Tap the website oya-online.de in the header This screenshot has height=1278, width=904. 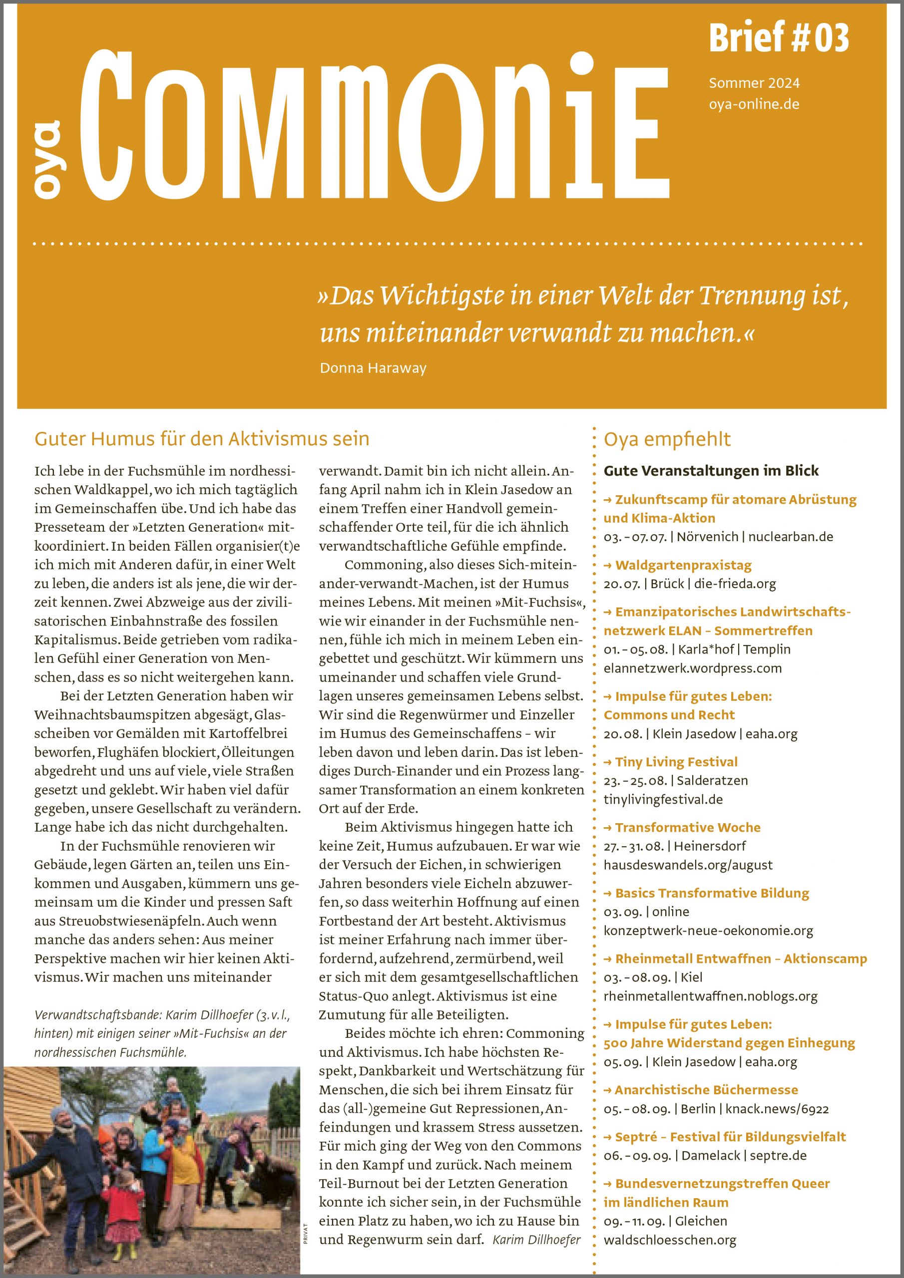[x=754, y=105]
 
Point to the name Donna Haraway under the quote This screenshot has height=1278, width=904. [x=373, y=368]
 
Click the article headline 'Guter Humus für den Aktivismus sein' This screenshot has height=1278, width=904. [x=202, y=439]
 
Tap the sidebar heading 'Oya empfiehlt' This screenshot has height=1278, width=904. [x=667, y=439]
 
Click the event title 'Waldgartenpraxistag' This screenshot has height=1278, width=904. [x=683, y=566]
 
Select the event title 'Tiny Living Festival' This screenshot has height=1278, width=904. [x=676, y=762]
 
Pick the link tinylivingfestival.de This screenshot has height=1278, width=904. [x=663, y=800]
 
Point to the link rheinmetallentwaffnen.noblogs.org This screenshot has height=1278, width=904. [x=710, y=996]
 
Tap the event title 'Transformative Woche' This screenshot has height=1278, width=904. [x=687, y=828]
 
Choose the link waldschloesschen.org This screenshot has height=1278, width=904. [x=669, y=1240]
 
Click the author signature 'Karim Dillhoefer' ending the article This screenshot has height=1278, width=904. [x=536, y=1239]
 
